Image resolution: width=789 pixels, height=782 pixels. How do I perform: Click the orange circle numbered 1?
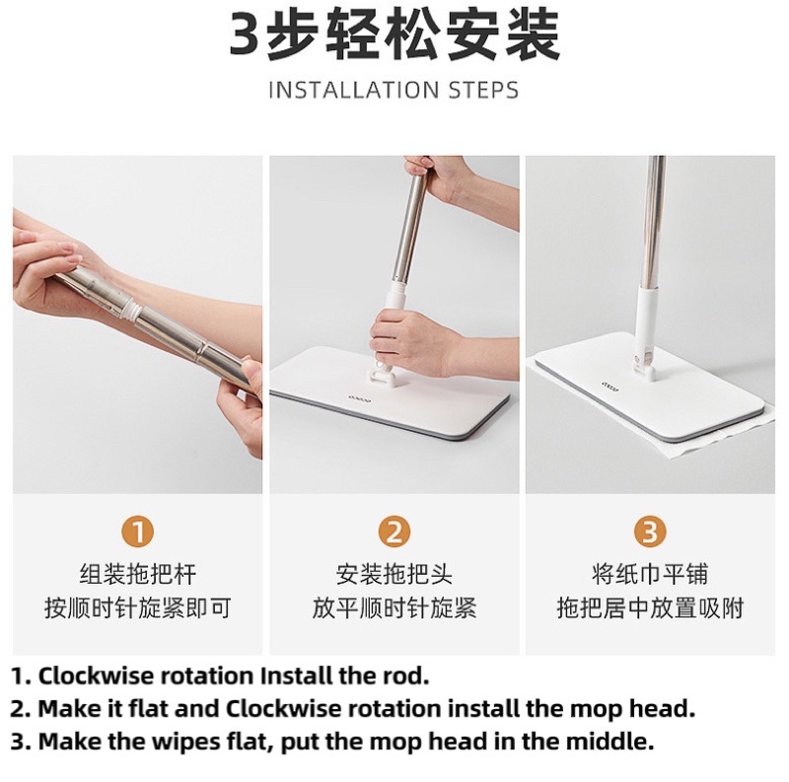tap(137, 532)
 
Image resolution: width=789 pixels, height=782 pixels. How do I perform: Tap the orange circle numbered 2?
tap(394, 532)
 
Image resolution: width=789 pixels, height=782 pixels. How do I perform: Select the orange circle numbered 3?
tap(650, 532)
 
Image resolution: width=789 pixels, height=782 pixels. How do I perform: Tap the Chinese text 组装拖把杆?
tap(137, 574)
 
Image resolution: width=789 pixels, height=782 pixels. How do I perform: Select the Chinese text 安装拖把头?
tap(394, 574)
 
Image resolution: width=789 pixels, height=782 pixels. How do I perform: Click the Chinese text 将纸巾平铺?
tap(650, 574)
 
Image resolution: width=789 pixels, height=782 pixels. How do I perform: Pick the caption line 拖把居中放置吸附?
tap(650, 607)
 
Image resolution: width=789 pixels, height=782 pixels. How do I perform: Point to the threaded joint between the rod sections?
tap(130, 308)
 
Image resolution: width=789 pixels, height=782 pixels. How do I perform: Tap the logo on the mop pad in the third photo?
tap(610, 387)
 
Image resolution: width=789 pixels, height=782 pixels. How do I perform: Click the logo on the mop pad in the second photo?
tap(359, 399)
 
